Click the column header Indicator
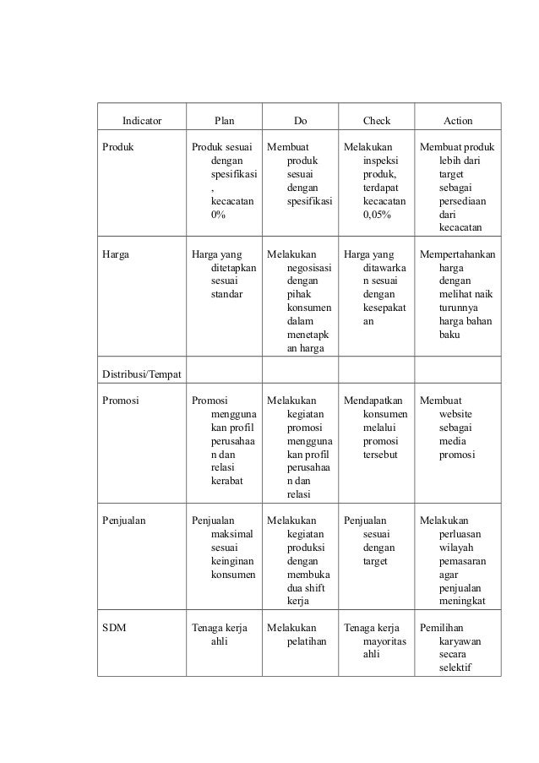[141, 121]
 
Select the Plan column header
[225, 121]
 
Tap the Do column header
[300, 121]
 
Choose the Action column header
[458, 121]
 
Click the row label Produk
[117, 146]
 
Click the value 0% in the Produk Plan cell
[218, 215]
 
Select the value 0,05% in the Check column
[377, 215]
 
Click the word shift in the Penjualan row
[308, 588]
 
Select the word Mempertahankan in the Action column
[457, 253]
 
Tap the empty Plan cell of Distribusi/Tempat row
[225, 374]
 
